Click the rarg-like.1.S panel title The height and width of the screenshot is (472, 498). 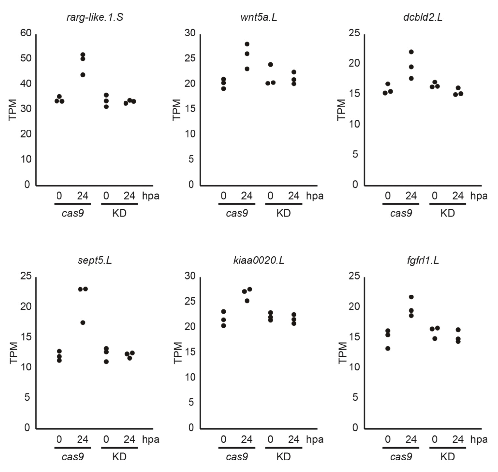95,17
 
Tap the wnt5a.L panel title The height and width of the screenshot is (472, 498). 259,17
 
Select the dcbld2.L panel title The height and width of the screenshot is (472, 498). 423,17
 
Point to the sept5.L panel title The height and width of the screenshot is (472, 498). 95,260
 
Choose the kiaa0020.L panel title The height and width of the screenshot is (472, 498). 259,260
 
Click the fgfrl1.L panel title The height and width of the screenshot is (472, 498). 423,260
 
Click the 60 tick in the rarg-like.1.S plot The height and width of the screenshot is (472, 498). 26,33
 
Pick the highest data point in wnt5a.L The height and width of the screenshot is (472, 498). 247,44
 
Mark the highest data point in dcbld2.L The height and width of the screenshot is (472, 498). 411,52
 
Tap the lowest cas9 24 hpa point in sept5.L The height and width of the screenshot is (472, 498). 83,323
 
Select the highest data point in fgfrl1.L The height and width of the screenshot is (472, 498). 411,297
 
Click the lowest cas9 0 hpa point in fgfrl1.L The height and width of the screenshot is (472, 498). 388,348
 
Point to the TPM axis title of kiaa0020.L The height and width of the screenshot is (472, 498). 178,352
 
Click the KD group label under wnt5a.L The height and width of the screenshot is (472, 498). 283,213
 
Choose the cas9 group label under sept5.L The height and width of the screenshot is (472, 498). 73,457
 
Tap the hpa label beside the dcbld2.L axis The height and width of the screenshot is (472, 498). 479,196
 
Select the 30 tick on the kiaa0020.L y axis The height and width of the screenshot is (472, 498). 190,276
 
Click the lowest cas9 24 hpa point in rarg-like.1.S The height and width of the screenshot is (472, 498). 83,75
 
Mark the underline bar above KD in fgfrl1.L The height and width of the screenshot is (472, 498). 447,447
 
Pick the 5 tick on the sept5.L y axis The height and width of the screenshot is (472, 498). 27,397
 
